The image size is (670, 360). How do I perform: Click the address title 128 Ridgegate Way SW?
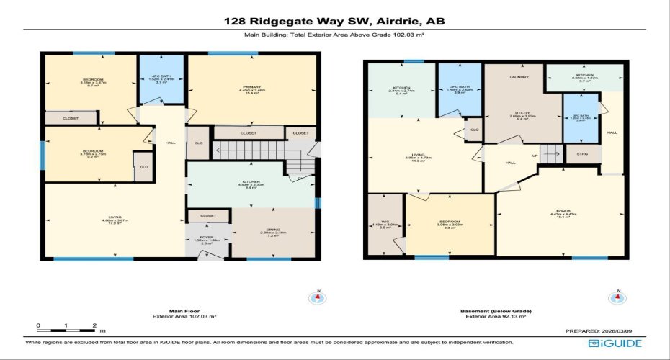[334, 21]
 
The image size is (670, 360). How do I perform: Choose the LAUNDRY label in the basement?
[519, 77]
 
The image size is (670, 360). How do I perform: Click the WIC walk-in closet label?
[385, 222]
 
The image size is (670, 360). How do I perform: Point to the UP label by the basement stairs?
[535, 155]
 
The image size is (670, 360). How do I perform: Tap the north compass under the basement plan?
[616, 297]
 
